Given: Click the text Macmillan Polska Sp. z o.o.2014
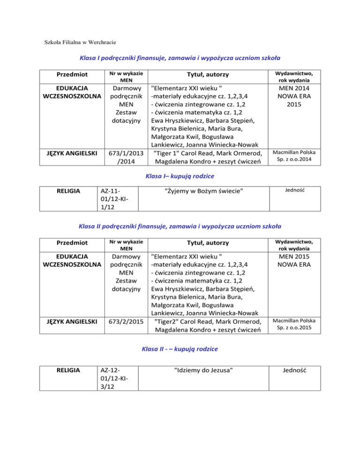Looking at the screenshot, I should point(294,156).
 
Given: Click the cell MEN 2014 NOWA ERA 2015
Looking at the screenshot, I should point(294,97).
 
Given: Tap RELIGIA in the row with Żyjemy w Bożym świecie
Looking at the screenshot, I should point(73,191).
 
